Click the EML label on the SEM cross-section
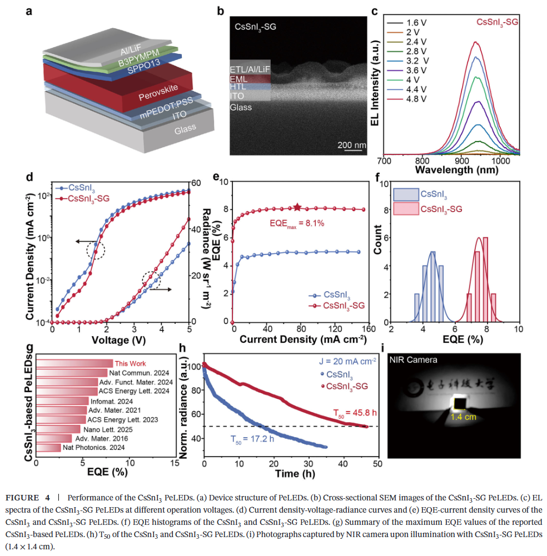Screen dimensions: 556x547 click(x=238, y=79)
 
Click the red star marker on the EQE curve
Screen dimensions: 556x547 click(x=297, y=207)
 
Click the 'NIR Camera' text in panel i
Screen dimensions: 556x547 click(x=414, y=360)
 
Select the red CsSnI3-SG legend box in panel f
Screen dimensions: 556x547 click(x=406, y=209)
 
